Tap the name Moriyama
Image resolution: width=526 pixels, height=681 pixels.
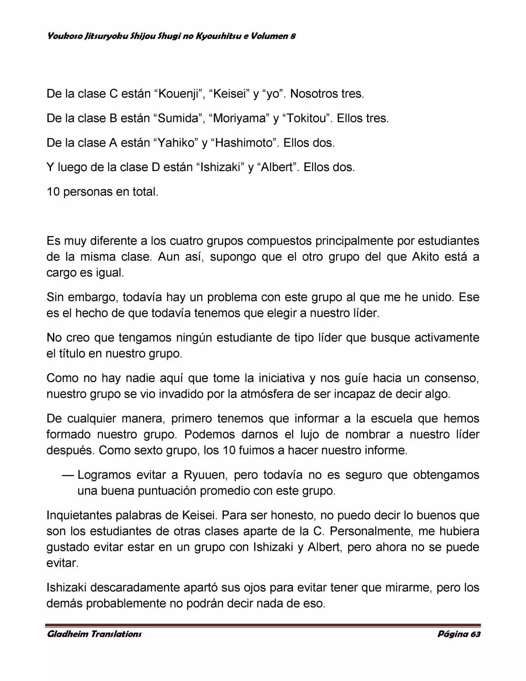pos(238,119)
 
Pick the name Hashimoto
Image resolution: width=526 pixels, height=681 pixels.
pos(244,143)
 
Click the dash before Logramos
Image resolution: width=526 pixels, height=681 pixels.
pos(68,475)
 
